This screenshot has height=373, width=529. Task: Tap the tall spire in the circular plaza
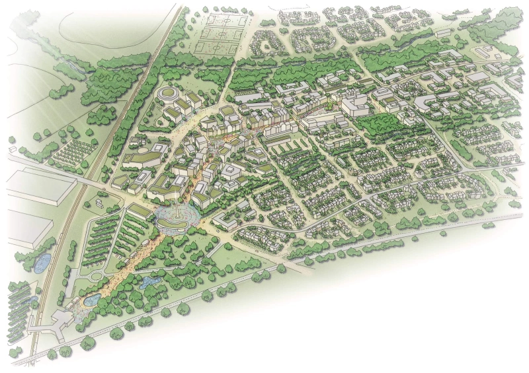[x=178, y=210]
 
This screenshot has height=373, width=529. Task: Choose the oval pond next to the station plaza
[x=91, y=300]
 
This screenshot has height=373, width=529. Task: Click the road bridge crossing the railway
[x=86, y=180]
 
